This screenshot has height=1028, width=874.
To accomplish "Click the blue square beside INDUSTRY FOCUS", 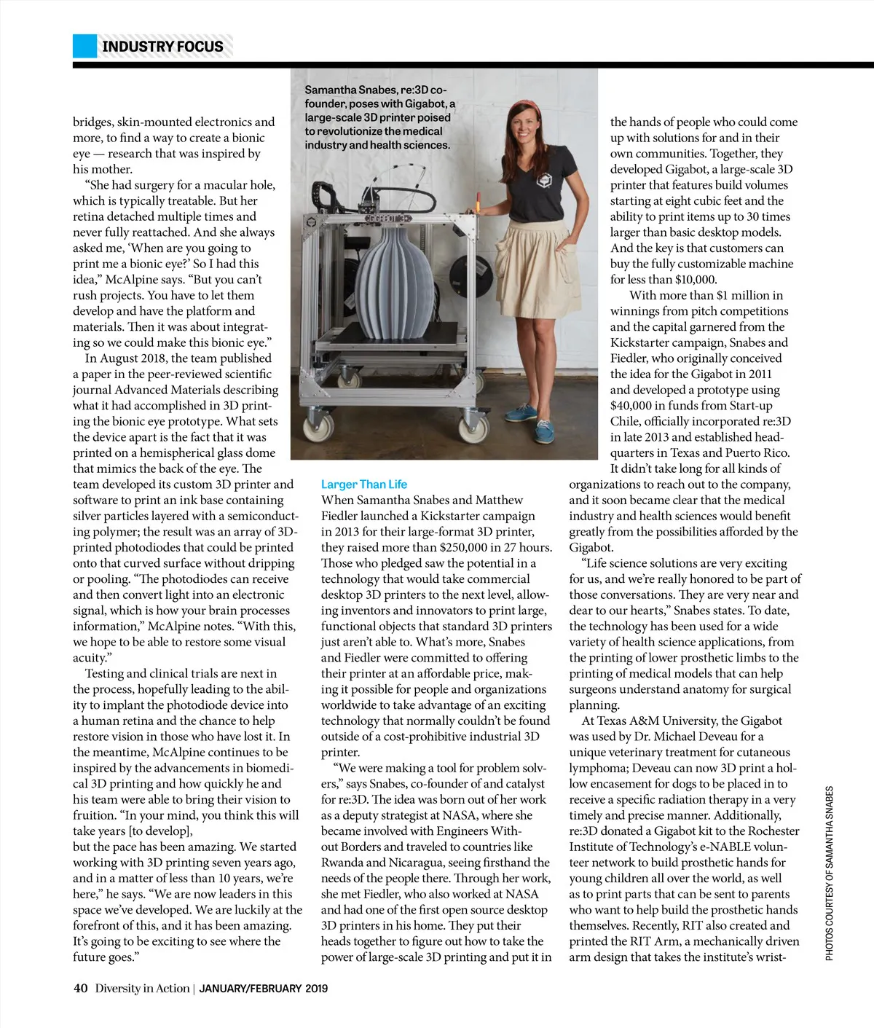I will coord(84,46).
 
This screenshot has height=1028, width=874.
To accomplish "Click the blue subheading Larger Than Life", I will coord(363,484).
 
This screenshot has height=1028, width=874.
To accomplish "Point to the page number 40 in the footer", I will coord(80,989).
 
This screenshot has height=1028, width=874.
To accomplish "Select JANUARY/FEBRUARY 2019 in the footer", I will coord(263,989).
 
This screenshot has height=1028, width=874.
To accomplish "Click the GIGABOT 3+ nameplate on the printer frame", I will coord(388,219).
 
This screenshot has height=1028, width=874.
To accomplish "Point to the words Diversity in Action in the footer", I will coord(142,989).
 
